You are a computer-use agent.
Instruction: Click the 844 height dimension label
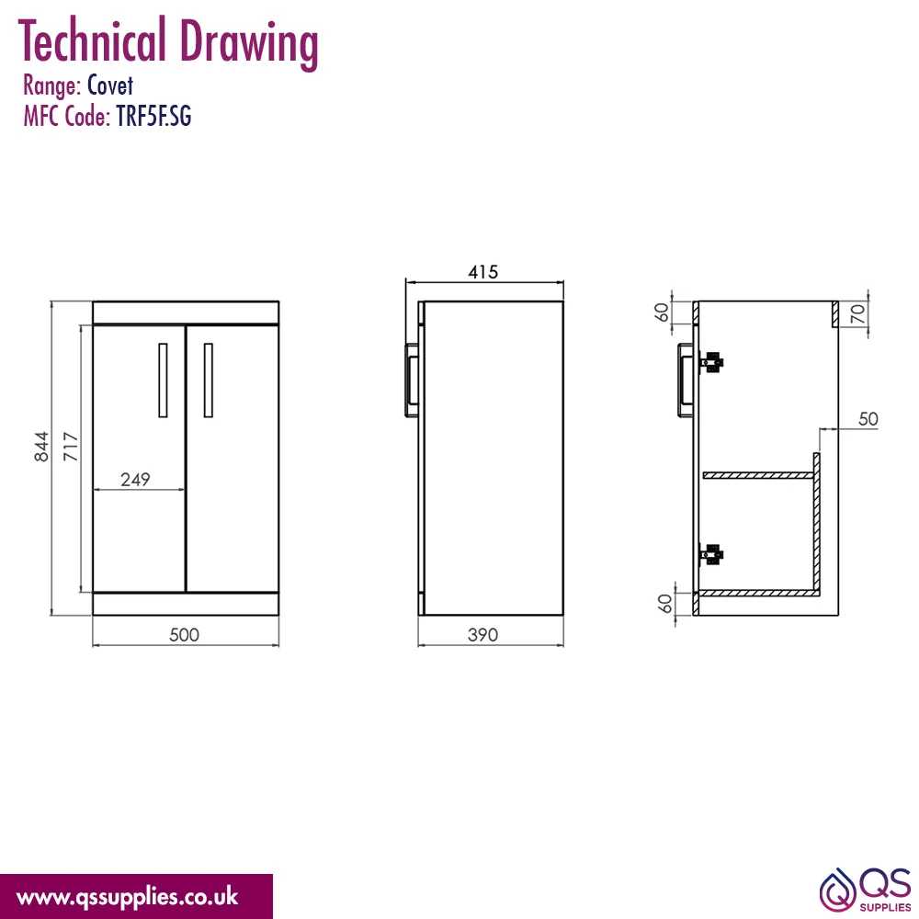41,447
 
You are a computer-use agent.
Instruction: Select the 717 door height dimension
71,447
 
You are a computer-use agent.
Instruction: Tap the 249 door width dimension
135,480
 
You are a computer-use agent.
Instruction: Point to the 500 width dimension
184,635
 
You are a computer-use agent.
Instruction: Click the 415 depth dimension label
483,272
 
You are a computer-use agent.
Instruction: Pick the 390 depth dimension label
483,635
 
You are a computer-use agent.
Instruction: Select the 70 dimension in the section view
857,314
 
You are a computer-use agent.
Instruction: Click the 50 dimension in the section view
868,419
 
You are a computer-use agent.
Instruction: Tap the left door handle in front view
163,380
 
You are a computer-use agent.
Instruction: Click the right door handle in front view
208,380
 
